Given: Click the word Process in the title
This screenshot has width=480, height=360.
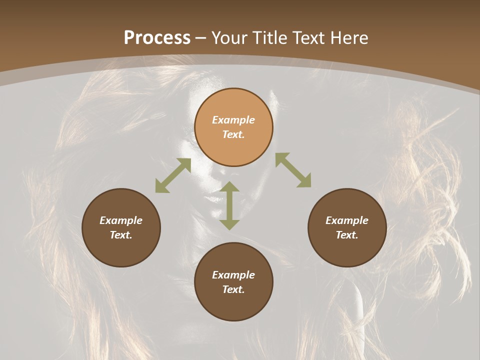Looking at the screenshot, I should pyautogui.click(x=157, y=38).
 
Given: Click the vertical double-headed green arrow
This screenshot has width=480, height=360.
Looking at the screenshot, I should pyautogui.click(x=229, y=205).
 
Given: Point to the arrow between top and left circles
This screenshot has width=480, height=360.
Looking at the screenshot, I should pyautogui.click(x=173, y=175).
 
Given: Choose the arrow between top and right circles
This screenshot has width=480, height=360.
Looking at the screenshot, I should pyautogui.click(x=293, y=170).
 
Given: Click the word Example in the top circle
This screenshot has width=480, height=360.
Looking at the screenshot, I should pyautogui.click(x=233, y=120).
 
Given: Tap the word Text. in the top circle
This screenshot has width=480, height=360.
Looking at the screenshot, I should pyautogui.click(x=233, y=134).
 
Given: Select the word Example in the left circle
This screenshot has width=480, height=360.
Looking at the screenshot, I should pyautogui.click(x=121, y=220).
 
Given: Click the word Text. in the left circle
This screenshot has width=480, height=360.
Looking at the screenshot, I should pyautogui.click(x=121, y=235).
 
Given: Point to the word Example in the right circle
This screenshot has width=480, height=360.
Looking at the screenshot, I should pyautogui.click(x=347, y=220).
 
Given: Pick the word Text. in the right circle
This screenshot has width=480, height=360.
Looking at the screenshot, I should pyautogui.click(x=347, y=235).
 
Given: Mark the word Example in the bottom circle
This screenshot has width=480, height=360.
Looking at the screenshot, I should pyautogui.click(x=233, y=275).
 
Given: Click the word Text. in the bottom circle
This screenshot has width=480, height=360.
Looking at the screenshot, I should pyautogui.click(x=233, y=289).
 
